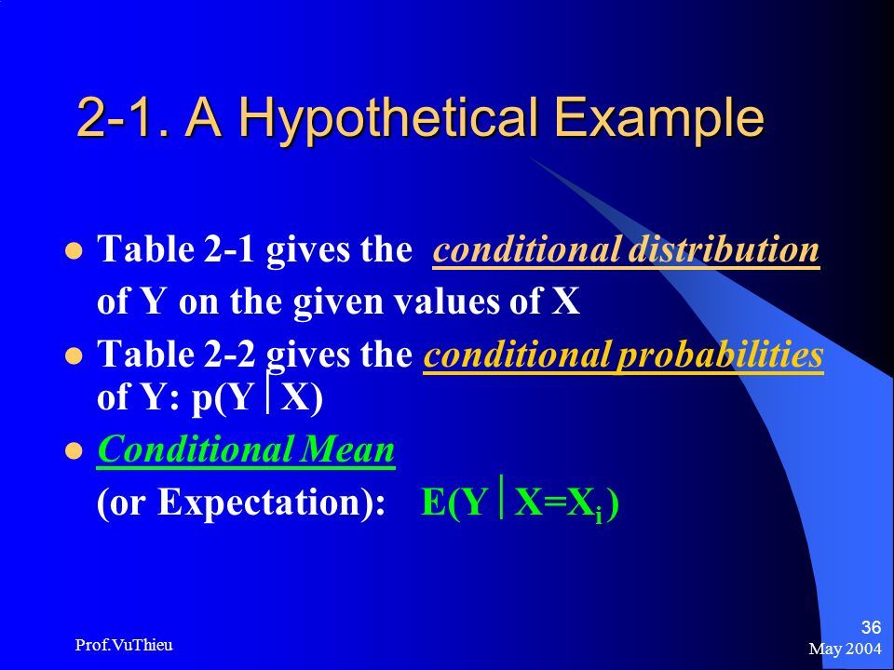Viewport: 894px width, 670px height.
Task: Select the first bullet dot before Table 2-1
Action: pos(74,250)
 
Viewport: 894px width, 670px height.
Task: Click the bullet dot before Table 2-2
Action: pos(74,356)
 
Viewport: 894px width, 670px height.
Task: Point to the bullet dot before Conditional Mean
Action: pos(74,451)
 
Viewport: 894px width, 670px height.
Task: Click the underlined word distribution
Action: pos(724,249)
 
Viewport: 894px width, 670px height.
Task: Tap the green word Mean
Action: pos(347,449)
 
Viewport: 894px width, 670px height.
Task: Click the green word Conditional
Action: pos(196,449)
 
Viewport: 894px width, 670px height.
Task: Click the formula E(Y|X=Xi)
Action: pos(520,502)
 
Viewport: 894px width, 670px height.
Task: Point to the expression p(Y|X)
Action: pos(257,396)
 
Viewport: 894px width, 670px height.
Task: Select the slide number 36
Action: pos(872,627)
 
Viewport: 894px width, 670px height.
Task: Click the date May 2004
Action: pos(845,649)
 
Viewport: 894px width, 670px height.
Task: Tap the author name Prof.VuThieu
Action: pos(124,645)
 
